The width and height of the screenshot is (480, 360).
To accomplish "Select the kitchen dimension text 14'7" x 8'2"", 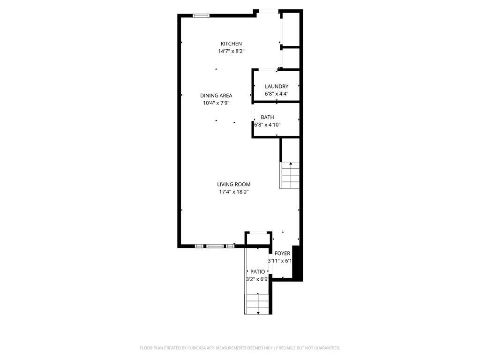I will pyautogui.click(x=231, y=51).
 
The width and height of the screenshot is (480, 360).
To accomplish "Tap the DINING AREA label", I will pyautogui.click(x=216, y=96).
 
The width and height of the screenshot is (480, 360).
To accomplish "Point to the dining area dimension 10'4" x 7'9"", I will pyautogui.click(x=216, y=103).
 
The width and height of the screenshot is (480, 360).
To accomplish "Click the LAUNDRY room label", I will pyautogui.click(x=277, y=86).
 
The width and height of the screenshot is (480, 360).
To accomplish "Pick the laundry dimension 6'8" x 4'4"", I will pyautogui.click(x=277, y=93).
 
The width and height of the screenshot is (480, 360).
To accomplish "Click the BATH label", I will pyautogui.click(x=267, y=117).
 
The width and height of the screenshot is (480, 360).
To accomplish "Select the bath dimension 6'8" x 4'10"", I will pyautogui.click(x=267, y=125).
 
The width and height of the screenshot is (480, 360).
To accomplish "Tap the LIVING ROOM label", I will pyautogui.click(x=233, y=185).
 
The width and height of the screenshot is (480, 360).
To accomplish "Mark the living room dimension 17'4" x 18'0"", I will pyautogui.click(x=233, y=192).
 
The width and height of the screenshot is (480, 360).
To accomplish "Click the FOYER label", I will pyautogui.click(x=282, y=254).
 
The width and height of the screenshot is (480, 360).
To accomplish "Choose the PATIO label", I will pyautogui.click(x=257, y=271).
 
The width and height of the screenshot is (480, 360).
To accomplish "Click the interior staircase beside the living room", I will pyautogui.click(x=290, y=175).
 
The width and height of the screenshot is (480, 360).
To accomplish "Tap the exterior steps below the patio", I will pyautogui.click(x=257, y=303).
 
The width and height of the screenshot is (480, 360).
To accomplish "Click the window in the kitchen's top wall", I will pyautogui.click(x=201, y=15).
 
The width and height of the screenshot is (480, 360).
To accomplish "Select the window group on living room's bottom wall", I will pyautogui.click(x=215, y=246).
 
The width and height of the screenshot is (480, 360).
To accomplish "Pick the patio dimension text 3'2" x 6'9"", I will pyautogui.click(x=257, y=279).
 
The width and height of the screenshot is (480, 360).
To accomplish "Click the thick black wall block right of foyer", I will pyautogui.click(x=297, y=262).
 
